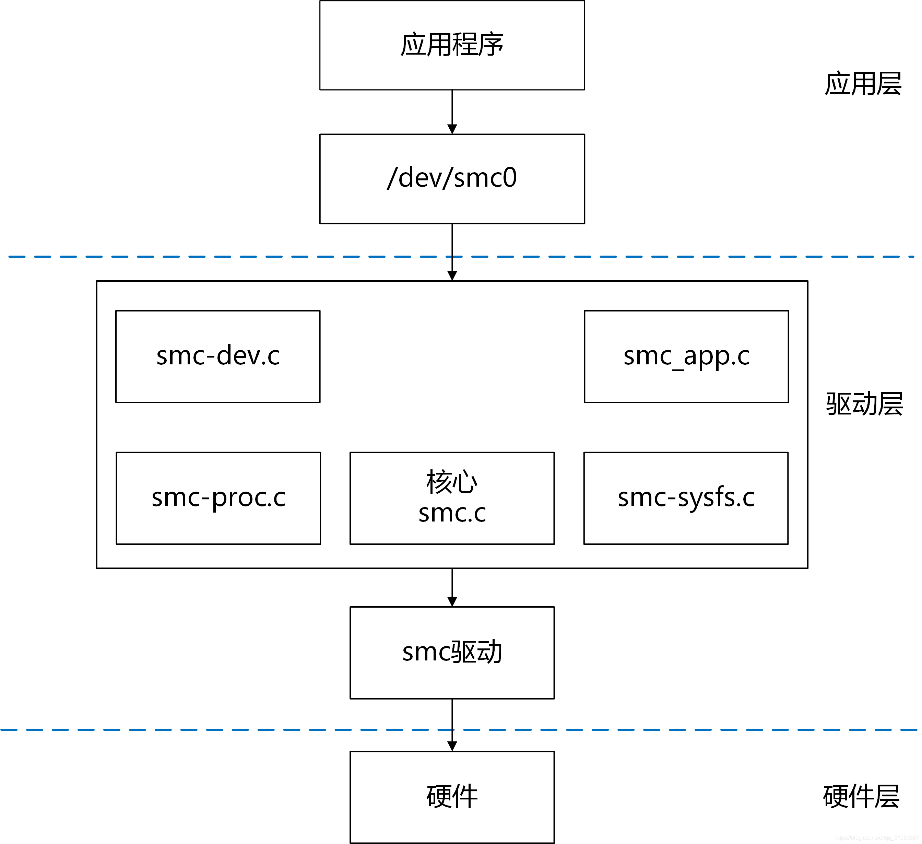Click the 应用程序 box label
pyautogui.click(x=452, y=45)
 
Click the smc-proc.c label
pyautogui.click(x=218, y=498)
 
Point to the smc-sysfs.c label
pyautogui.click(x=686, y=498)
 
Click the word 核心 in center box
pyautogui.click(x=452, y=482)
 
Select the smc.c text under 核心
pyautogui.click(x=452, y=513)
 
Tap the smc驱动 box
pyautogui.click(x=452, y=652)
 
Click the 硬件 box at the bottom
pyautogui.click(x=452, y=796)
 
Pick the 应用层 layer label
pyautogui.click(x=863, y=84)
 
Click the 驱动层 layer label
pyautogui.click(x=864, y=404)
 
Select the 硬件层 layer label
pyautogui.click(x=861, y=796)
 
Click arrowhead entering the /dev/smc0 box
pyautogui.click(x=452, y=129)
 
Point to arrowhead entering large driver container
pyautogui.click(x=452, y=276)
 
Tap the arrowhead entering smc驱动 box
pyautogui.click(x=452, y=601)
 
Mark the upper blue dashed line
pyautogui.click(x=229, y=257)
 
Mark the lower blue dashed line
pyautogui.click(x=229, y=730)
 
